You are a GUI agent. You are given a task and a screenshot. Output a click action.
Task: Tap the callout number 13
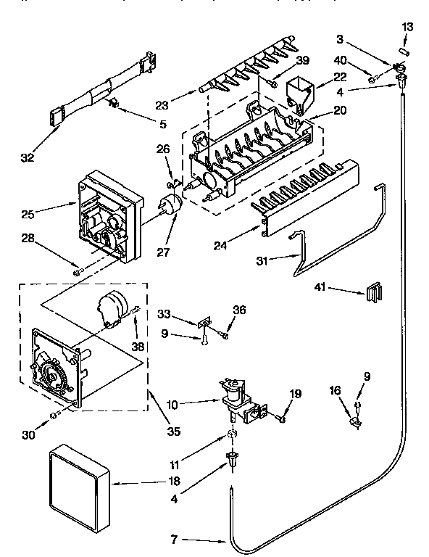pos(408,27)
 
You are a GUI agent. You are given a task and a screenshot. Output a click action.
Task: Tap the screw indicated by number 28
pos(77,272)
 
